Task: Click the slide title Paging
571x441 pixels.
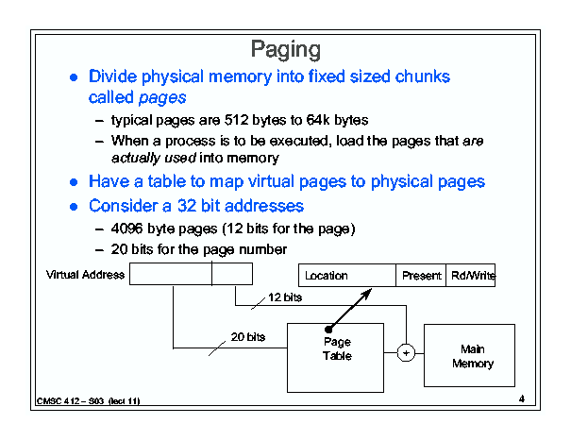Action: pyautogui.click(x=286, y=49)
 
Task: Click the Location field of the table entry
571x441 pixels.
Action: pyautogui.click(x=347, y=275)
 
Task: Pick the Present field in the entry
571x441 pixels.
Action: pyautogui.click(x=421, y=275)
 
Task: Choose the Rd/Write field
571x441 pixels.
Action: pyautogui.click(x=471, y=275)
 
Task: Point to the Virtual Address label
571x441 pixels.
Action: pyautogui.click(x=85, y=275)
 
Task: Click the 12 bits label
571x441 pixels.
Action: pyautogui.click(x=285, y=297)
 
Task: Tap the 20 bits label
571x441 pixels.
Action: pyautogui.click(x=248, y=337)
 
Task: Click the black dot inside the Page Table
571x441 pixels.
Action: pyautogui.click(x=328, y=330)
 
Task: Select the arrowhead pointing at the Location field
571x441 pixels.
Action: pyautogui.click(x=366, y=294)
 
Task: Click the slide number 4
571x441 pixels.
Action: pyautogui.click(x=522, y=399)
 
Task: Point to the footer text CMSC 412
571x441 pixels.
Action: pyautogui.click(x=58, y=401)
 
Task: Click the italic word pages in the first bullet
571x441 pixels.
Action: pyautogui.click(x=162, y=97)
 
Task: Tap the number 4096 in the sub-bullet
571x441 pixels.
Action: pyautogui.click(x=126, y=229)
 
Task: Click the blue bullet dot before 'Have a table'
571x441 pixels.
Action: pyautogui.click(x=74, y=182)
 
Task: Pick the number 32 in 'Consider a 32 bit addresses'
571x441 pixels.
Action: pyautogui.click(x=187, y=206)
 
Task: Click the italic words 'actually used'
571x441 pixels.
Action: pyautogui.click(x=154, y=159)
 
